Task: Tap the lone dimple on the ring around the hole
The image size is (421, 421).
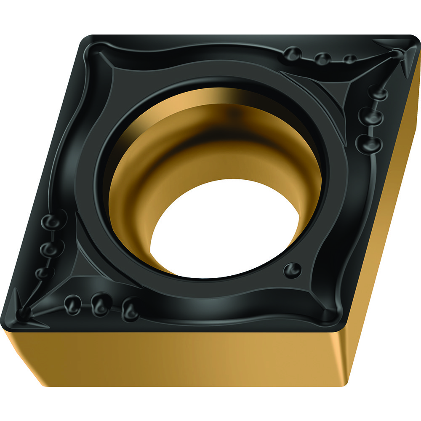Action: coord(292,269)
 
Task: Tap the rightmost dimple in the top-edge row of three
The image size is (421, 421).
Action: coord(349,59)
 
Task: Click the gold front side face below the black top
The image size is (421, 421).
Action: coord(189,358)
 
